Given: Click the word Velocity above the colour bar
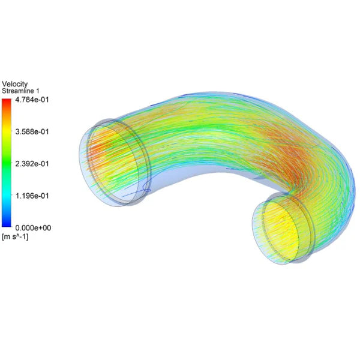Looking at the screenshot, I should (x=15, y=83).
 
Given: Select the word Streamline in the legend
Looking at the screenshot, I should (x=17, y=91).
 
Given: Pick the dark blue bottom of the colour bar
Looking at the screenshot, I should (x=7, y=224).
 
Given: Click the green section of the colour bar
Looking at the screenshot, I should (x=7, y=163).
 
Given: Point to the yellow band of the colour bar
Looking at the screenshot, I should (x=7, y=135).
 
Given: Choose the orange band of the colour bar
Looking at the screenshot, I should (x=7, y=117).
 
